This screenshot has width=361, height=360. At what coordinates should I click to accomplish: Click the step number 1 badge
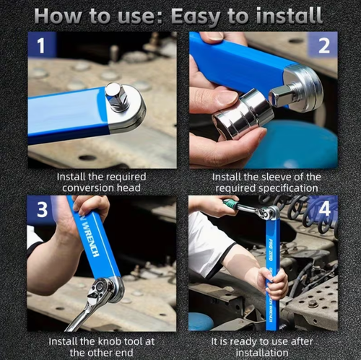tap(41, 46)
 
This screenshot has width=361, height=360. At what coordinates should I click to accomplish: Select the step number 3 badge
tap(41, 211)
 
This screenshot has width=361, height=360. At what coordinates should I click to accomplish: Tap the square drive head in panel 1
tap(116, 93)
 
